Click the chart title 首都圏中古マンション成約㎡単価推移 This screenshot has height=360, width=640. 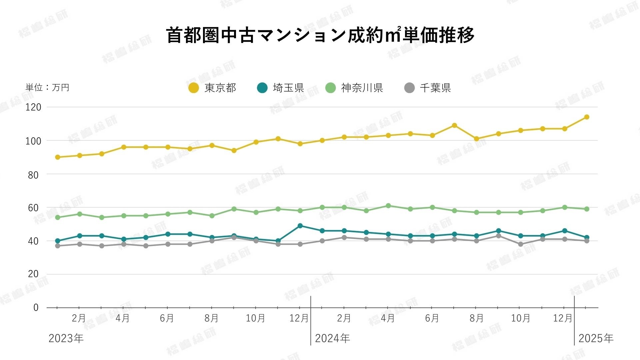click(320, 35)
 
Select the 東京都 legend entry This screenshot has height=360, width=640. click(213, 88)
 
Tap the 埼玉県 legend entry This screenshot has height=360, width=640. click(281, 88)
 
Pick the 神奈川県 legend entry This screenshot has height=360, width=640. click(354, 88)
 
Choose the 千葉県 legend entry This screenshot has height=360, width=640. click(428, 88)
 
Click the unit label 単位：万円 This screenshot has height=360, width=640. click(47, 87)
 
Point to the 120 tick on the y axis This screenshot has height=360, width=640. click(33, 107)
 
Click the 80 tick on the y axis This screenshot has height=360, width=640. click(33, 175)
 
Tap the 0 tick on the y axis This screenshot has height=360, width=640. click(36, 307)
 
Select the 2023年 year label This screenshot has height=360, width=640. click(66, 338)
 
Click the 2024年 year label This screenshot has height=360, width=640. click(332, 338)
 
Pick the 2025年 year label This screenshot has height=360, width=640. click(596, 338)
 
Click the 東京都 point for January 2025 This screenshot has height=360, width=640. click(587, 117)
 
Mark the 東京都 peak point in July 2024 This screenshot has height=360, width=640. click(454, 125)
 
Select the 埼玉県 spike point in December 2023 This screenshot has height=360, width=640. click(300, 226)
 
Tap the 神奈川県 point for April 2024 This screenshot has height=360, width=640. click(388, 206)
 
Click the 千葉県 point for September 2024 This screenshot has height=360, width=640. click(498, 236)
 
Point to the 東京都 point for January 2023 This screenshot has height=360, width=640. click(58, 157)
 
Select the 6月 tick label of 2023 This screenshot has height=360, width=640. click(167, 318)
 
